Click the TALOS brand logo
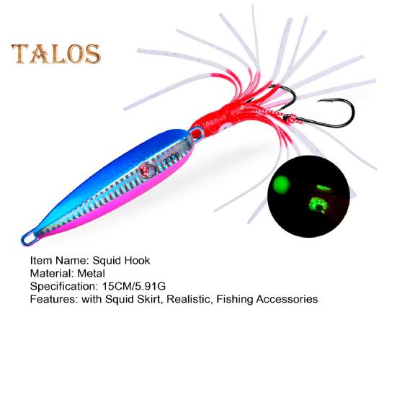[56, 54]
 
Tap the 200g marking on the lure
[172, 159]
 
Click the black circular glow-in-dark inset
[308, 197]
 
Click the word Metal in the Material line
[92, 274]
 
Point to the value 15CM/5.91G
[134, 286]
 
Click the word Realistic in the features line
[188, 299]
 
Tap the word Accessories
[287, 299]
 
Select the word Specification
[62, 287]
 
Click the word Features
[52, 299]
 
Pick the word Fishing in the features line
[235, 300]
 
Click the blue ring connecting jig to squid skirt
[197, 134]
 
